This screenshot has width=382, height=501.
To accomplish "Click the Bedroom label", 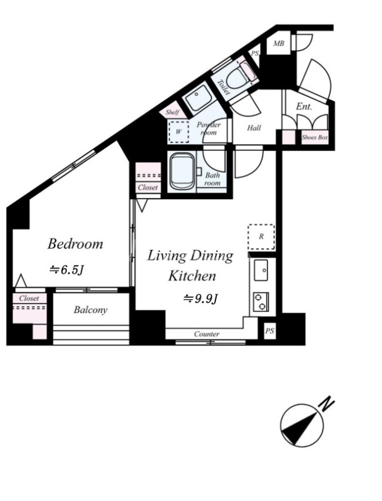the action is click(x=75, y=244).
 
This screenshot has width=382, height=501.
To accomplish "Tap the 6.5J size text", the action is click(x=66, y=270).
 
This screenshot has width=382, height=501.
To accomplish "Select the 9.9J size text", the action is click(x=200, y=299).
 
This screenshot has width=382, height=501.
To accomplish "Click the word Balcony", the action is click(x=90, y=310).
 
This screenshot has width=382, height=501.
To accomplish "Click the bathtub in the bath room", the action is click(x=182, y=171).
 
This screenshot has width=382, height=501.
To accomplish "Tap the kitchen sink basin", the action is click(x=261, y=270).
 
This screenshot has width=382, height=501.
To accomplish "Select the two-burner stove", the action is click(x=261, y=302).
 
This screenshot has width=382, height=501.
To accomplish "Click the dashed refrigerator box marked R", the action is click(x=261, y=237).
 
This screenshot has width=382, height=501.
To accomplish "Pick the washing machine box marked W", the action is click(x=178, y=132).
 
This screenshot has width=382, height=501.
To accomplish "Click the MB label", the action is click(x=279, y=43).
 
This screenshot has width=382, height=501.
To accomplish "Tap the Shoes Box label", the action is click(x=315, y=137).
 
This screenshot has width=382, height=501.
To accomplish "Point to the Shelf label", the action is click(x=172, y=112).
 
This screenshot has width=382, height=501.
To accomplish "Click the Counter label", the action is click(x=207, y=334).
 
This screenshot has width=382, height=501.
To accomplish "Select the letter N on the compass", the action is click(x=326, y=405).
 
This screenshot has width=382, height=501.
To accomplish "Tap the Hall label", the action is click(x=254, y=128).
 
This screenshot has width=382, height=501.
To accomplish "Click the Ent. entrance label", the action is click(x=304, y=106).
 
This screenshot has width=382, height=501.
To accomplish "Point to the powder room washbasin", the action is click(x=197, y=98).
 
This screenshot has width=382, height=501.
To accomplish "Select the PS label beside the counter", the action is click(x=270, y=331).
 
